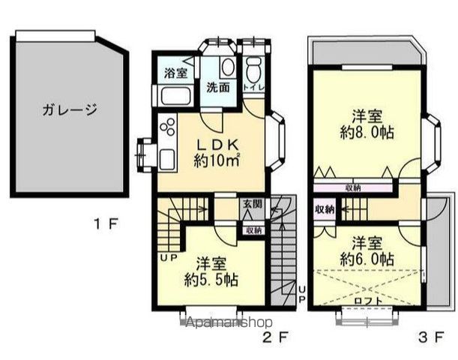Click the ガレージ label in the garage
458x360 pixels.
pos(69,110)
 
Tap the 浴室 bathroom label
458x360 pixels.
pos(178,73)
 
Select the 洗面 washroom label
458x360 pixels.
pos(219,86)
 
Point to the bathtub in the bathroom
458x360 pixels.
pos(174,96)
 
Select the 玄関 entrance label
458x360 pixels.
pos(253,204)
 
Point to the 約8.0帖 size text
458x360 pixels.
pos(368,132)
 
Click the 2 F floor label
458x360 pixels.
pos(276,337)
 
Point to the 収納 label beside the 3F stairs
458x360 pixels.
pos(325,209)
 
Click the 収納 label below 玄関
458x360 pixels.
pos(253,230)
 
